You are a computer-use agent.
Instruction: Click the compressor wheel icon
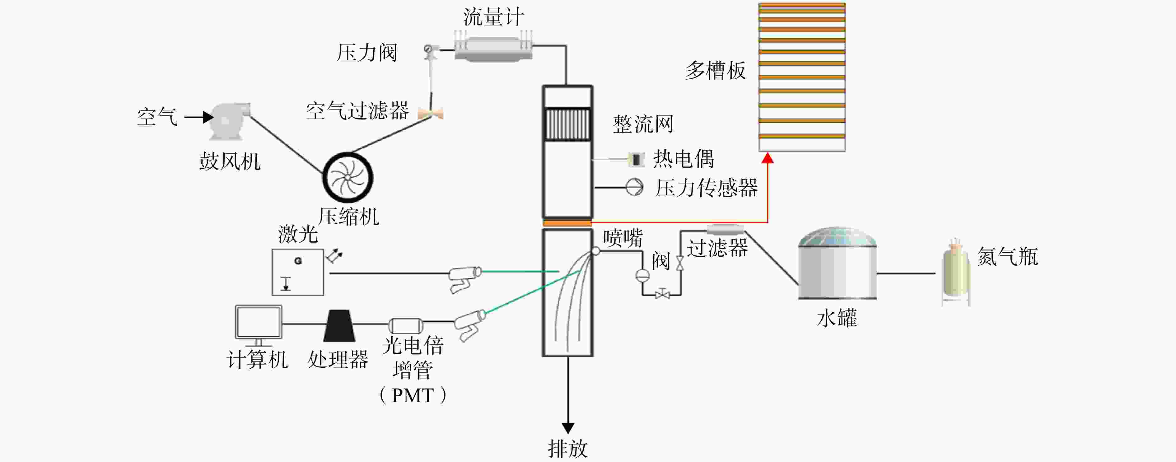(348, 177)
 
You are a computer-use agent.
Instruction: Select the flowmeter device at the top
(493, 46)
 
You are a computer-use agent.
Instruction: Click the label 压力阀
(367, 53)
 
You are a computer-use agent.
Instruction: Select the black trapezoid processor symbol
(339, 325)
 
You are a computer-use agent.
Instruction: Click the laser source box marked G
(298, 272)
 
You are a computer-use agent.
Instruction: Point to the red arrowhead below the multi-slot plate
(768, 158)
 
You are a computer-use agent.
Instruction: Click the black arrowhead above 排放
(568, 428)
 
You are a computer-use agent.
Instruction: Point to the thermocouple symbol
(636, 159)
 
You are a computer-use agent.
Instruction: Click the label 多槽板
(715, 71)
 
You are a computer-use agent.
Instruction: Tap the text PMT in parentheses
(413, 395)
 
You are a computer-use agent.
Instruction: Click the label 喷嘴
(623, 238)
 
